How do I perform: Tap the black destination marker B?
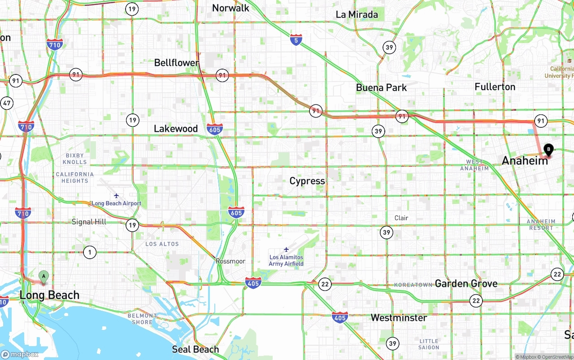[548, 150]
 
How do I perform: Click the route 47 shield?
[7, 103]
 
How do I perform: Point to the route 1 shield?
[90, 252]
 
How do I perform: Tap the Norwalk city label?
[230, 8]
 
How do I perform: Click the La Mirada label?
[357, 15]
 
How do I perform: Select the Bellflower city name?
[177, 63]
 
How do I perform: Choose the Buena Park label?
[381, 87]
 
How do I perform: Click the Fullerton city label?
[495, 87]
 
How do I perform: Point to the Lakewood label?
[176, 129]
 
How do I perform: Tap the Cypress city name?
[307, 181]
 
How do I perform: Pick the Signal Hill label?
[89, 222]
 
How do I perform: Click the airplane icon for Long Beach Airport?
[116, 196]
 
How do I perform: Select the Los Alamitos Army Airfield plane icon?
[286, 249]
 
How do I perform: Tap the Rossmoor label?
[230, 261]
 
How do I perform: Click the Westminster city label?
[399, 318]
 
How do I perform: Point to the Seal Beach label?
[196, 349]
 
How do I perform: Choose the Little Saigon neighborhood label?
[429, 344]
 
